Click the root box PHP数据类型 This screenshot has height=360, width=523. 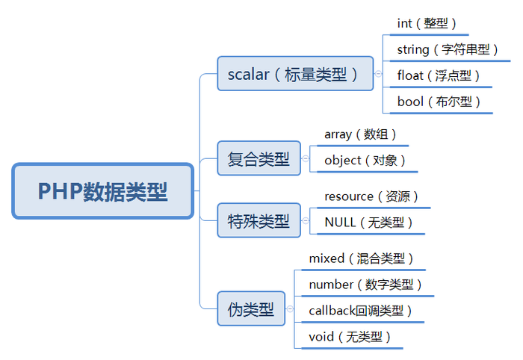tap(103, 191)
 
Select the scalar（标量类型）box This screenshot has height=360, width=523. tap(295, 74)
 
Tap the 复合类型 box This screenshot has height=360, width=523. tap(259, 158)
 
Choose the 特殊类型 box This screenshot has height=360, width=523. tap(259, 220)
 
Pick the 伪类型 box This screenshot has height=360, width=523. tap(251, 308)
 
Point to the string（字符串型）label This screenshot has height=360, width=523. tap(448, 49)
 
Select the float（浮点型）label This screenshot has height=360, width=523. tap(439, 75)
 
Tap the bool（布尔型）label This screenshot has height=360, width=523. tap(439, 101)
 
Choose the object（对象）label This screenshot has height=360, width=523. tap(365, 160)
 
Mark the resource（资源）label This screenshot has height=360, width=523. tap(371, 196)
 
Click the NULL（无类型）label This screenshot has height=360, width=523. tap(368, 222)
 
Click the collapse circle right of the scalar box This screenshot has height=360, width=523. tap(379, 74)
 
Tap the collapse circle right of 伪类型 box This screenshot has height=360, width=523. tap(291, 308)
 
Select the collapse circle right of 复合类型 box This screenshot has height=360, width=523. tap(306, 158)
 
